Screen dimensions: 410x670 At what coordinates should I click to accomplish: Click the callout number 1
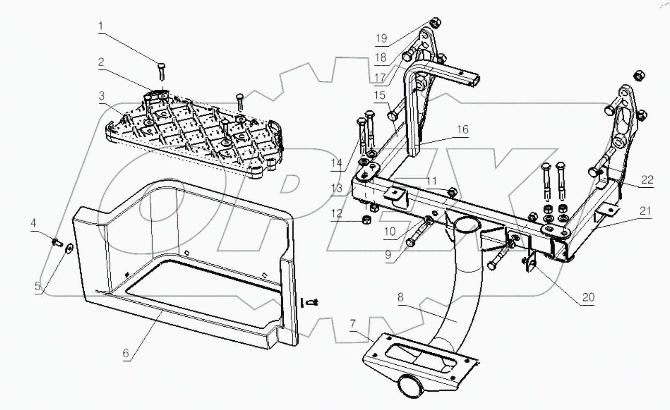101,26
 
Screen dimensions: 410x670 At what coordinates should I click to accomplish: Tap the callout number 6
125,353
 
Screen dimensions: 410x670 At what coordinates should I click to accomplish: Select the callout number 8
400,297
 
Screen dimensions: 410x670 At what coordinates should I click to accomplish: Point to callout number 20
588,297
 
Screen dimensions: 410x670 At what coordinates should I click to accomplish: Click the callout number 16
462,129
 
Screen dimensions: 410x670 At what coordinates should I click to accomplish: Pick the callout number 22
647,180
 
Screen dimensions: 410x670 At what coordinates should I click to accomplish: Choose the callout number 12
337,213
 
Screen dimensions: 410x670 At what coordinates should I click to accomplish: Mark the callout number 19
381,38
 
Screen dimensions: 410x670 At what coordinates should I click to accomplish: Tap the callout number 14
336,163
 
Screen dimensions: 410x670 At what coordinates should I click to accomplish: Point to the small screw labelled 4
56,242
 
